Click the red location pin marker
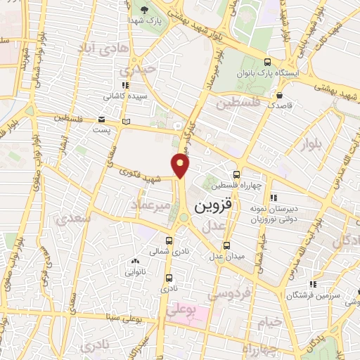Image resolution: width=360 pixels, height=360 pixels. (181, 166)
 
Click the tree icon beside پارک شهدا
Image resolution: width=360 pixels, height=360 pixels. (145, 9)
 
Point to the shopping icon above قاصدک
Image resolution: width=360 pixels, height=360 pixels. (281, 95)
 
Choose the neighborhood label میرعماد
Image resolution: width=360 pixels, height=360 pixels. (150, 205)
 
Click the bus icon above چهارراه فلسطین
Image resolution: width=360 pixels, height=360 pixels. (236, 174)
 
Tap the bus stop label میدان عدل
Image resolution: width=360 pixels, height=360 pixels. (226, 257)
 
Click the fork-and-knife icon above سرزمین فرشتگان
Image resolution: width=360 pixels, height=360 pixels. (313, 285)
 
